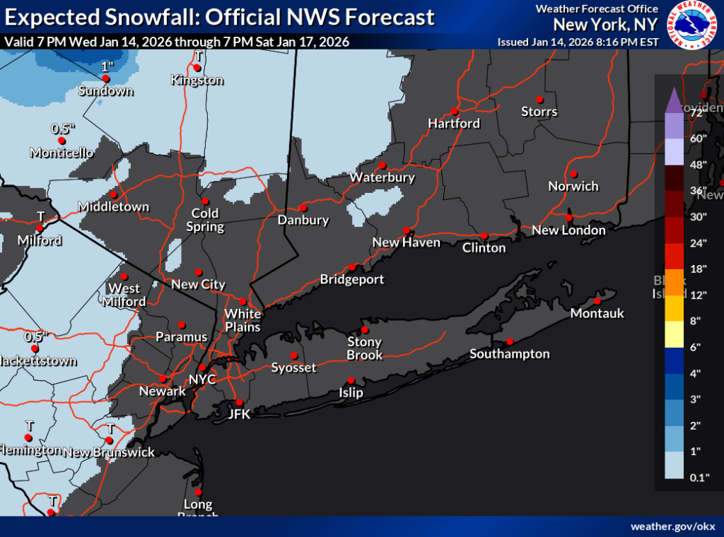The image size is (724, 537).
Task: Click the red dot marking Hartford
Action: pos(454,111)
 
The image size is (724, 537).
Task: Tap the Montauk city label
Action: pos(597,313)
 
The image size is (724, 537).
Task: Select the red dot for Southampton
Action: pos(508,341)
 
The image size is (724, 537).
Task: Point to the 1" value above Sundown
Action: pos(107,66)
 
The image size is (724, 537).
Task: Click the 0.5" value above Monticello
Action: pos(62,129)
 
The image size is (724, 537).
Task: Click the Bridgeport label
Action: pos(352,280)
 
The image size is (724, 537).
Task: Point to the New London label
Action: pos(568,230)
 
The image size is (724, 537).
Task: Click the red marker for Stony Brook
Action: pos(365,330)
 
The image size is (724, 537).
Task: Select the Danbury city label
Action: pos(303,220)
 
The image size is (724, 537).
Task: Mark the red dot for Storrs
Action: pos(539,99)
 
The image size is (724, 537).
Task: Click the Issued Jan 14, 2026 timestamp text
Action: pos(578,42)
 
